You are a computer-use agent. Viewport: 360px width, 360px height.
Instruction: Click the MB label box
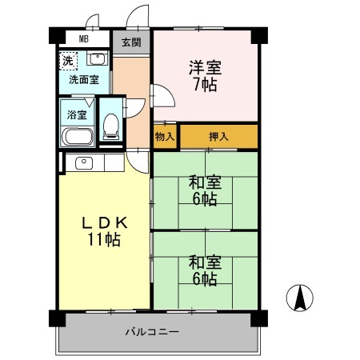pyautogui.click(x=83, y=39)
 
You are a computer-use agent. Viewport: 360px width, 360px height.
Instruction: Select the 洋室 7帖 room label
pyautogui.click(x=205, y=75)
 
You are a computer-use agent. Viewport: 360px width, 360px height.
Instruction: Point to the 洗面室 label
pyautogui.click(x=83, y=80)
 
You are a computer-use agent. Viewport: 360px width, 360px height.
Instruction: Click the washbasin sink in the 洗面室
pyautogui.click(x=97, y=58)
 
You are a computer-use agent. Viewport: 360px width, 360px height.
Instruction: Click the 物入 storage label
pyautogui.click(x=165, y=137)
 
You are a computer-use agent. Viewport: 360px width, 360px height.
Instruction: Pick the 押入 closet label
pyautogui.click(x=218, y=137)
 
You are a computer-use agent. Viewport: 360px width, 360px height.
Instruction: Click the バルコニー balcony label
pyautogui.click(x=151, y=332)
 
